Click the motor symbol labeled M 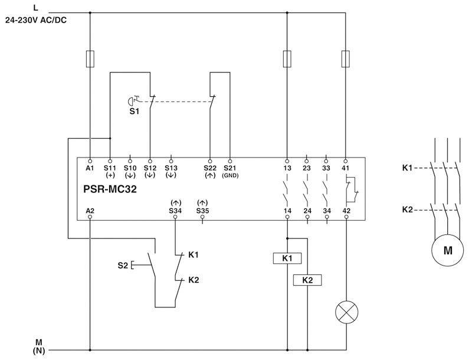point(448,250)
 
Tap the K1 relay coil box point(287,258)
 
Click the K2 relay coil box point(307,280)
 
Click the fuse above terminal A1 point(90,59)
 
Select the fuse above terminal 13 point(287,59)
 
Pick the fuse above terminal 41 point(346,59)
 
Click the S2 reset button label point(122,265)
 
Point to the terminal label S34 point(175,210)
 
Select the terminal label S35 point(202,210)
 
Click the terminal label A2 point(90,210)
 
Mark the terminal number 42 point(346,210)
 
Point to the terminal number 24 point(307,210)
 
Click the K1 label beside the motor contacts point(407,168)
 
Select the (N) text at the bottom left point(39,351)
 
